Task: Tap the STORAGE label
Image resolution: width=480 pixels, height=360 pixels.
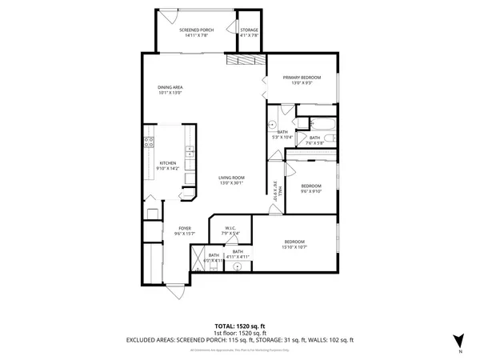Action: coord(250,30)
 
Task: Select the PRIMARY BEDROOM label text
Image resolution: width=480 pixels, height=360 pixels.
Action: coord(302,78)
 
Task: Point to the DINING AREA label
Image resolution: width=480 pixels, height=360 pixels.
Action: coord(170,87)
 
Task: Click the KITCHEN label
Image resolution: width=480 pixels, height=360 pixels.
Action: coord(167,163)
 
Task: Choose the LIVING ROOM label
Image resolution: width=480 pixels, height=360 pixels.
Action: coord(232,178)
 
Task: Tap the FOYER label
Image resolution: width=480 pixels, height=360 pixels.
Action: coord(184,229)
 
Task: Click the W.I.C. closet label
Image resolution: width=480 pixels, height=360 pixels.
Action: coord(229,228)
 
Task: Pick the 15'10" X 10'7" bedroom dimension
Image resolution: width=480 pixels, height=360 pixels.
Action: coord(295,247)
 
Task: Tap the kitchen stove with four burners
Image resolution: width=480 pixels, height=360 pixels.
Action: coord(148,143)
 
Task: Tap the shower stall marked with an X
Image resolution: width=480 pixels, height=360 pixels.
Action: coord(197,260)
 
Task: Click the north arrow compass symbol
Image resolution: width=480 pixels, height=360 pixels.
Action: coord(458,340)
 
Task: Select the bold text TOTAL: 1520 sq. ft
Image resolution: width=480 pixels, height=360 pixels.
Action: coord(240,326)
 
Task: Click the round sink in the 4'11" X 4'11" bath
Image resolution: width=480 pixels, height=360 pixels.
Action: coord(237,268)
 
